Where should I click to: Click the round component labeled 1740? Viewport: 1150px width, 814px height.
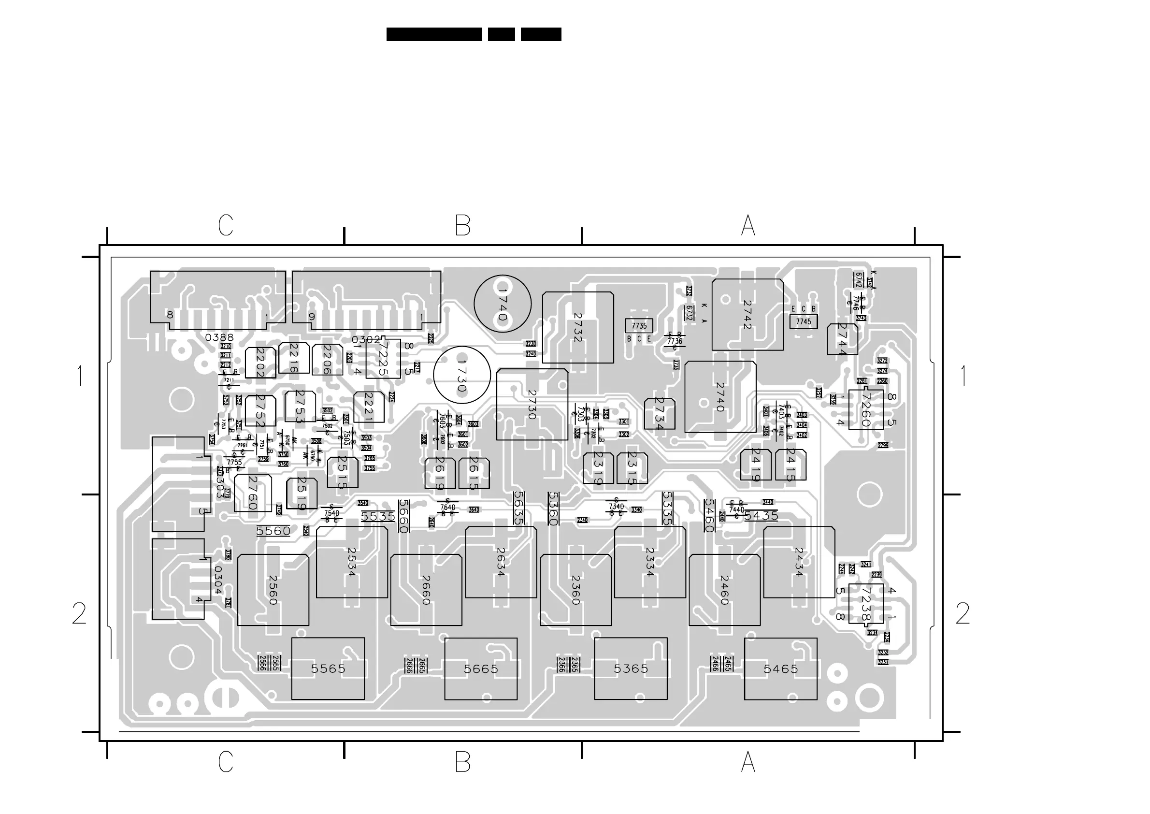(502, 303)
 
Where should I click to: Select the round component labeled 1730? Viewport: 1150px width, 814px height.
(461, 376)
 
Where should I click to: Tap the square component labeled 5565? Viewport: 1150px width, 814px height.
(328, 669)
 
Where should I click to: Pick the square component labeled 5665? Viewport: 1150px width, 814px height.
(481, 669)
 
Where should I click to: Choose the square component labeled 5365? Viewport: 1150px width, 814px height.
(631, 669)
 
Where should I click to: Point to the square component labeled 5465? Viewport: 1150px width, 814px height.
(780, 669)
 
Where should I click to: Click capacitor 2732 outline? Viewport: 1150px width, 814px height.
(578, 327)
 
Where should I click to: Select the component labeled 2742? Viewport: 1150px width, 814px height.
(747, 315)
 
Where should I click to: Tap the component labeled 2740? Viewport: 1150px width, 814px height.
(720, 397)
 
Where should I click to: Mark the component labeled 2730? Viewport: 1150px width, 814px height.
(532, 405)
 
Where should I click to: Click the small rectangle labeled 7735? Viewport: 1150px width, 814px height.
(639, 325)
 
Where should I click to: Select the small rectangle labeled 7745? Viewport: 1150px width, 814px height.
(803, 321)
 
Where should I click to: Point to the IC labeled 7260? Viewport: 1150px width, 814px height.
(865, 409)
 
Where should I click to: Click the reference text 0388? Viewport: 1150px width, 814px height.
(219, 337)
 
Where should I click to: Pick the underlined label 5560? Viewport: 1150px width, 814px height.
(273, 531)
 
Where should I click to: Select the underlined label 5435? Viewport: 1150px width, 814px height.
(761, 516)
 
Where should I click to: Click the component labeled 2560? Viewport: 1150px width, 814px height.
(273, 590)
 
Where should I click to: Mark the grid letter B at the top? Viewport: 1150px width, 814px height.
(462, 226)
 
